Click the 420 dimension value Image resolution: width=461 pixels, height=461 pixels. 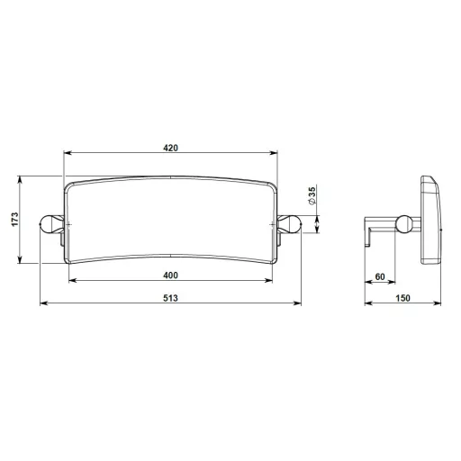point(170,148)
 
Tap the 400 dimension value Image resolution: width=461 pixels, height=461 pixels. point(170,276)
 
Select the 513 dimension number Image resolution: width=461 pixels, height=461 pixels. point(170,298)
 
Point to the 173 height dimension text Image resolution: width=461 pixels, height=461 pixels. point(14,220)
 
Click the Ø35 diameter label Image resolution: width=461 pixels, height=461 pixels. point(312,196)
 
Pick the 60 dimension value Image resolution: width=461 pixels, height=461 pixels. point(380,276)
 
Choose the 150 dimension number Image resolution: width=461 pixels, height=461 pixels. point(402,298)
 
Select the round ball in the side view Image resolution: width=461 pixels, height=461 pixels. point(404,224)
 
